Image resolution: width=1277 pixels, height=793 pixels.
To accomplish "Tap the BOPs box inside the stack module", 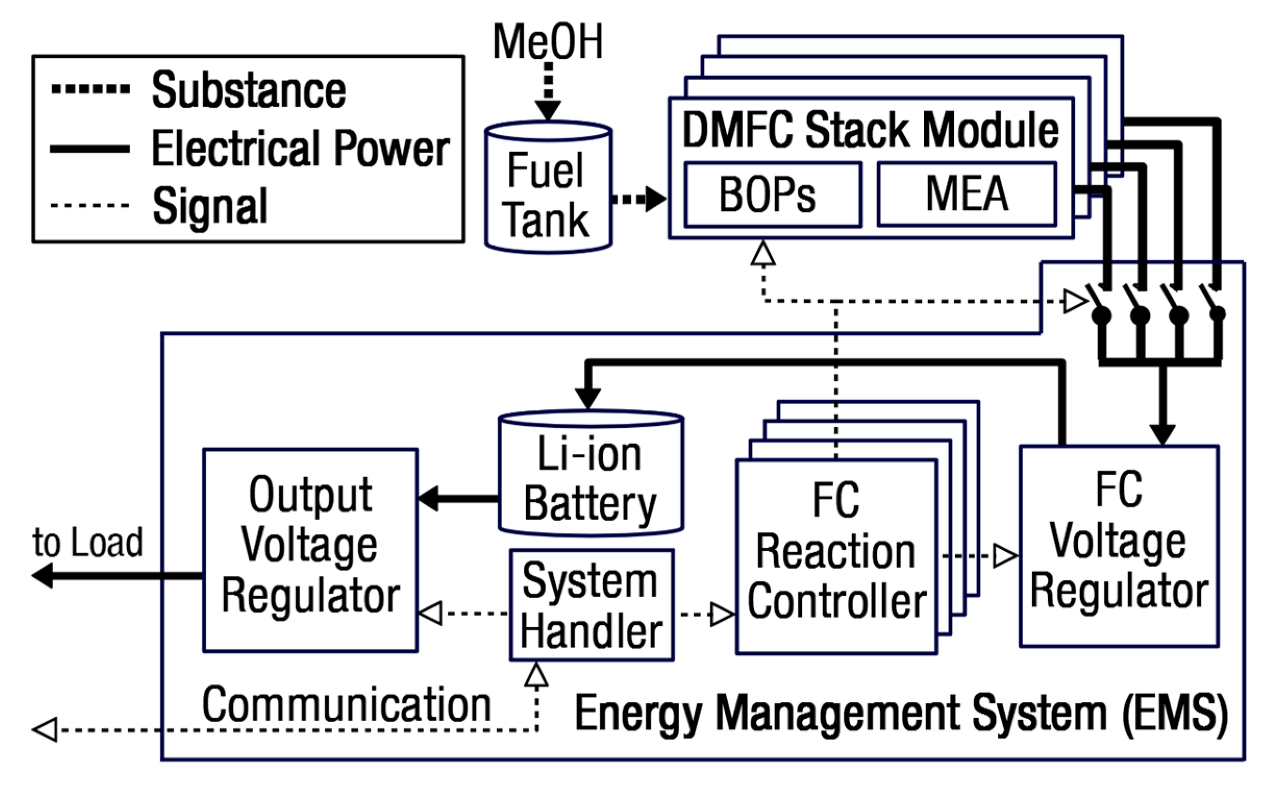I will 772,194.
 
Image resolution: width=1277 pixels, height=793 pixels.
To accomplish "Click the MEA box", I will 967,194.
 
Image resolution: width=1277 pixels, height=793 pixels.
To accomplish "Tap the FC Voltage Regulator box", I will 1119,546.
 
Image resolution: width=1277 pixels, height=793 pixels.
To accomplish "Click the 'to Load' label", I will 87,542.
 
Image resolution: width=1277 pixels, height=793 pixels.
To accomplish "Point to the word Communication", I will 346,705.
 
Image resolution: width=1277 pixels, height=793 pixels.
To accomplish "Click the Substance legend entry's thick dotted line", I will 90,89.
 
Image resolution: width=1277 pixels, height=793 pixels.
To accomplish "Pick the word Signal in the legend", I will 210,206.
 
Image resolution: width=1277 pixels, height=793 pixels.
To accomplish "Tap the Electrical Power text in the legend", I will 300,148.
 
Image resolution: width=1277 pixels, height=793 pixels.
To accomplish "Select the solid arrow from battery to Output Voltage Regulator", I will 458,498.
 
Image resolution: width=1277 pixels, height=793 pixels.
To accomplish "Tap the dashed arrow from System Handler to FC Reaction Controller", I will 706,614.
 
